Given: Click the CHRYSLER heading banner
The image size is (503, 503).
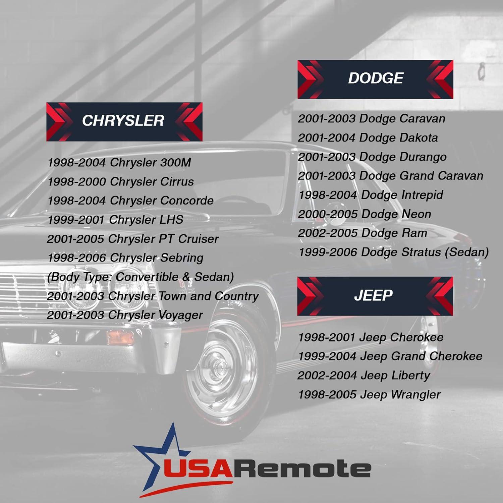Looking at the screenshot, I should point(124,121).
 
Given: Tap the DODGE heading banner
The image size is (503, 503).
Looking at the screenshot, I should point(375,79).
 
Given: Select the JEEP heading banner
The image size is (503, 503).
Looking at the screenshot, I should point(375,296).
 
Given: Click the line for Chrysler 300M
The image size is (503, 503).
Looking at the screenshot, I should point(119,163).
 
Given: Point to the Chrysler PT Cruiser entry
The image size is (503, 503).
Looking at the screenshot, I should point(132,239).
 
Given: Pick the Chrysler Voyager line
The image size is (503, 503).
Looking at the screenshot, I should point(125,315).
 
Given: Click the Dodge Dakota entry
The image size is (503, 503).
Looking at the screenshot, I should point(368,138).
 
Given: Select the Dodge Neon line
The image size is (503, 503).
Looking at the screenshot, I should point(364,214).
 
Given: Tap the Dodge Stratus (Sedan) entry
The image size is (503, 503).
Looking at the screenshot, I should point(393,252).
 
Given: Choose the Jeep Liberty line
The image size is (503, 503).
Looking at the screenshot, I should point(364,376).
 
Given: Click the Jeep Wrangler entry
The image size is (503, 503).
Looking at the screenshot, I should point(369,395).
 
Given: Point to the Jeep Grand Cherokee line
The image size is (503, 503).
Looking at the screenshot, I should point(390,356).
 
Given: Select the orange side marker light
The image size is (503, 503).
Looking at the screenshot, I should point(120,337).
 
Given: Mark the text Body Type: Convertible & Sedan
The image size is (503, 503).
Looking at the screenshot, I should point(140,277).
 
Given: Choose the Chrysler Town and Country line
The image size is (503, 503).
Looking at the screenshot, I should point(153,296).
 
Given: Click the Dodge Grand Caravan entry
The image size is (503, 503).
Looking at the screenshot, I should point(390,176).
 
